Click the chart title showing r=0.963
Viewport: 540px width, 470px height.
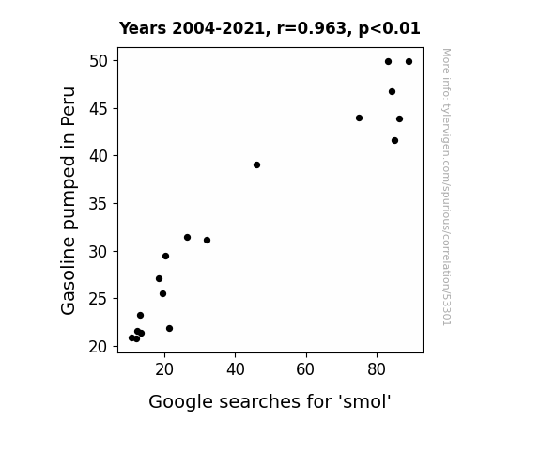(270, 28)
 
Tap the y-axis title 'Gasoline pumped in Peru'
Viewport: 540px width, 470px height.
(69, 200)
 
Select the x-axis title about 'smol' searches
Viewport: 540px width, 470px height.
(270, 401)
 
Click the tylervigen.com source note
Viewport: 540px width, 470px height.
(447, 187)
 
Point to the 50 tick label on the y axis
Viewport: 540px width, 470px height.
(99, 61)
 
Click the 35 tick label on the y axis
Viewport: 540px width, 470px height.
(99, 204)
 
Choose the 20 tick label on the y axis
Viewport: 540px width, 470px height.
(99, 347)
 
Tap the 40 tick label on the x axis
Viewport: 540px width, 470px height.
(236, 369)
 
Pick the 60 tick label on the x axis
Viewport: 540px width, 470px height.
(305, 369)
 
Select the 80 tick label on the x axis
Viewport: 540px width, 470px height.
(377, 369)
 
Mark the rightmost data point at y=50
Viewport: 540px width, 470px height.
(409, 62)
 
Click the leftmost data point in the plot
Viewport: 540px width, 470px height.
(131, 338)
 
